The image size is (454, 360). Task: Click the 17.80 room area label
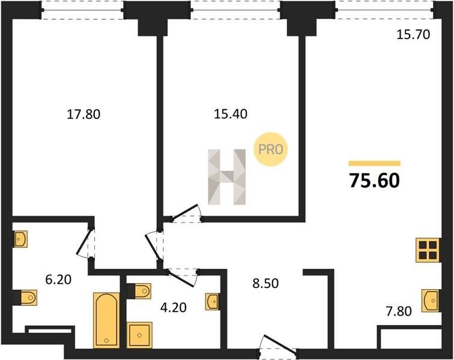(x=83, y=115)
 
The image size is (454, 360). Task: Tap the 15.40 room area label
(x=231, y=114)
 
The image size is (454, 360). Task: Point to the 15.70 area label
(x=413, y=35)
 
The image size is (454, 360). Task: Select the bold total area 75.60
(x=375, y=181)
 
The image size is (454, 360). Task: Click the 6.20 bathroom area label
(x=58, y=280)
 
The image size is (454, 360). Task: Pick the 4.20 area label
(x=174, y=307)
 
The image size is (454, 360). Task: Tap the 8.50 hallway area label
(x=265, y=284)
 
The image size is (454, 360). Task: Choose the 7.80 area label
(x=399, y=311)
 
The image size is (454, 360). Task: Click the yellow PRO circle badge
(x=270, y=149)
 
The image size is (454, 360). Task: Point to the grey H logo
(x=227, y=177)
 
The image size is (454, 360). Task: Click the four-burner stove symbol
(x=428, y=250)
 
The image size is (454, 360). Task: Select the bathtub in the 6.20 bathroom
(x=106, y=320)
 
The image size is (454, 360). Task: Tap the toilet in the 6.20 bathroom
(x=25, y=298)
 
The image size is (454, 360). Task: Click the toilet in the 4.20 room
(x=139, y=291)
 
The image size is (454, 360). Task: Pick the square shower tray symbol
(x=139, y=335)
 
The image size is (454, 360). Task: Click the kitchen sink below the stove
(x=431, y=301)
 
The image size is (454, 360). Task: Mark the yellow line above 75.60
(x=375, y=164)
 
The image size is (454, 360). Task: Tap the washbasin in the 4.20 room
(x=212, y=302)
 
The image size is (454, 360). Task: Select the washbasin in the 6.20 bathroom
(x=20, y=239)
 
